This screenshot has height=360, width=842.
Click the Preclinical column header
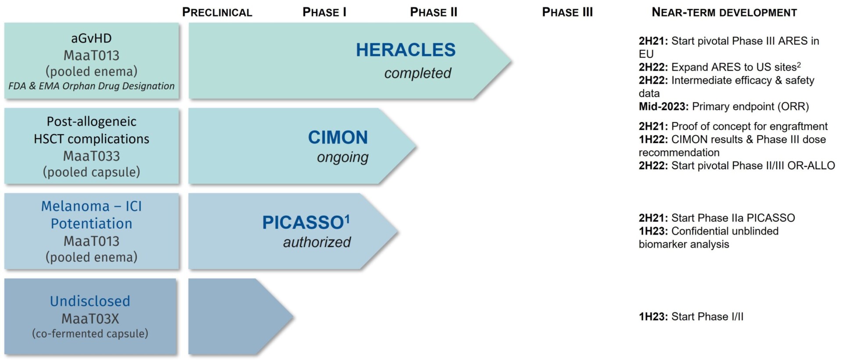(217, 12)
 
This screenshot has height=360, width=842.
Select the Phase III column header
(567, 12)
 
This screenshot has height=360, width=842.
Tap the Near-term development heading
(724, 12)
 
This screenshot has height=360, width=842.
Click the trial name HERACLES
(406, 50)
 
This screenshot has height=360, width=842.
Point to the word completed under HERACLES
(417, 73)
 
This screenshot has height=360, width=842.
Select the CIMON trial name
(338, 138)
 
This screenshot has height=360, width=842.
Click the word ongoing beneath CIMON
(343, 157)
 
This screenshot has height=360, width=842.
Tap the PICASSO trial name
(303, 223)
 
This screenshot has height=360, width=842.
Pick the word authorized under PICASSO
(317, 242)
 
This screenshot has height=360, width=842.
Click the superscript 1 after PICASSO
(347, 218)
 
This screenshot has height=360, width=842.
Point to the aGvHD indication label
(91, 39)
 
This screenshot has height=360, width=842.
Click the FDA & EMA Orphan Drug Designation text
(91, 86)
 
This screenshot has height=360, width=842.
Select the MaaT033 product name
(91, 156)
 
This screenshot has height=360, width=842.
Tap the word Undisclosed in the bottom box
(90, 301)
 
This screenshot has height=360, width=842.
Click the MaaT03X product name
(90, 319)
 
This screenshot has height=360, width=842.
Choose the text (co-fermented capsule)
(90, 334)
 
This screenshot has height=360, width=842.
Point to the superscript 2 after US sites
(799, 65)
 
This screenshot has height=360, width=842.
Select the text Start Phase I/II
(707, 317)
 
